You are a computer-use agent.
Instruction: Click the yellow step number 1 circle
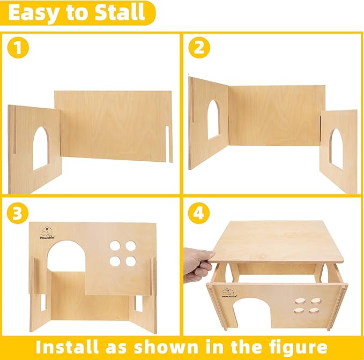[x=18, y=48]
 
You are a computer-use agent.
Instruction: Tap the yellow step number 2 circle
[x=199, y=48]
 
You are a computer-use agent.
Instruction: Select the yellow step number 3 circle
[x=18, y=213]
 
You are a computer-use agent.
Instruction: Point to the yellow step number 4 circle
[x=199, y=213]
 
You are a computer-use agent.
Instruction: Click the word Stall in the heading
[x=120, y=13]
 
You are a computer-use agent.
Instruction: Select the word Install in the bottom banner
[x=68, y=347]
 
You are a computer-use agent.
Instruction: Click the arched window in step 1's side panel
[x=41, y=148]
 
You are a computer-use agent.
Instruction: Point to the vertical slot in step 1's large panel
[x=167, y=144]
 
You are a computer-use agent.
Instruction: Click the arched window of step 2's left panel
[x=213, y=119]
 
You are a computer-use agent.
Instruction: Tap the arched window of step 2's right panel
[x=336, y=148]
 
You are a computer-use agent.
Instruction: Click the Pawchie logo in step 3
[x=47, y=232]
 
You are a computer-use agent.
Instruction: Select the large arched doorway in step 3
[x=66, y=256]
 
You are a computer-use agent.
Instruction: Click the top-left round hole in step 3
[x=115, y=246]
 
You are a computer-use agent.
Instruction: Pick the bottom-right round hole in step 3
[x=131, y=261]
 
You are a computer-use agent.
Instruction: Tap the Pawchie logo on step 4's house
[x=229, y=293]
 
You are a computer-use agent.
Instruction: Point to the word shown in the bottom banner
[x=166, y=347]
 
